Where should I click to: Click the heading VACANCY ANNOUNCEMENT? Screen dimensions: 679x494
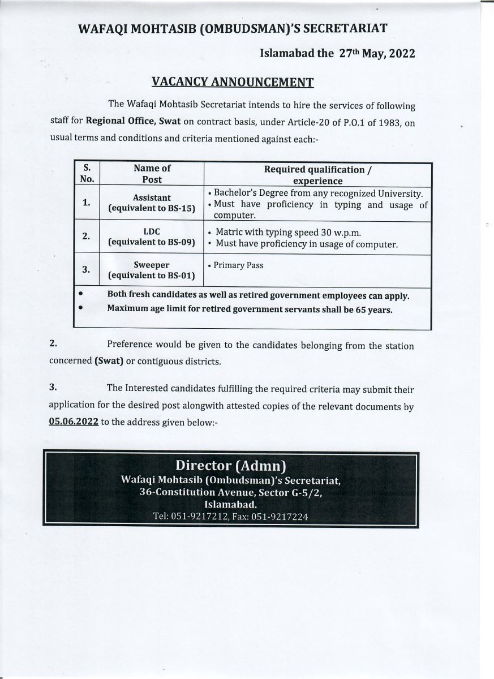pos(233,82)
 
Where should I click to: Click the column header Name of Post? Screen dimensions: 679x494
pos(152,174)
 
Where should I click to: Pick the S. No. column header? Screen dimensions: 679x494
pos(87,174)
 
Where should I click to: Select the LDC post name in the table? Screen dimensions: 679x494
pos(152,232)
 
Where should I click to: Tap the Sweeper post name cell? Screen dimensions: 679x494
pos(152,265)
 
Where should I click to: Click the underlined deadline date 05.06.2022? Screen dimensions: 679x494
pos(74,422)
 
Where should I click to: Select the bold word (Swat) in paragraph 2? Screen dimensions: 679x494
pos(109,361)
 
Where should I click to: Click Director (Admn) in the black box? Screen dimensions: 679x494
pos(230,466)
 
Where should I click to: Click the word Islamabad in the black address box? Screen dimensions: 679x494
pos(231,504)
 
